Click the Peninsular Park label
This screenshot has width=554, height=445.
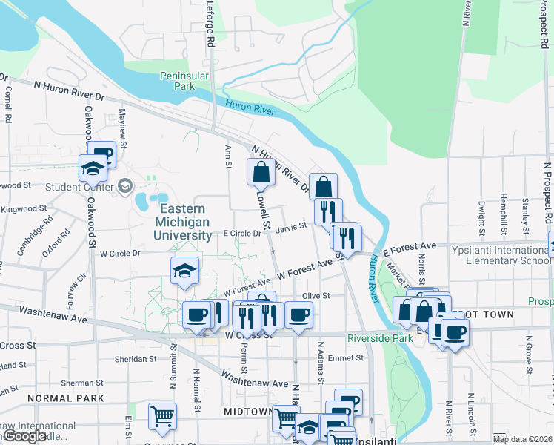[x=185, y=81]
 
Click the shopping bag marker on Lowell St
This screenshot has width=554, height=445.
[x=261, y=173]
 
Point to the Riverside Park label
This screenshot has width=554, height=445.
[x=379, y=337]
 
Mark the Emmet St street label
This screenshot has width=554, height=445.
[x=346, y=357]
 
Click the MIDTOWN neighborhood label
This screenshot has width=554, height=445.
[x=248, y=411]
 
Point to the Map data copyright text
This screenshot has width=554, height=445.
[x=523, y=439]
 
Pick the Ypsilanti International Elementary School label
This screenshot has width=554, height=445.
[x=501, y=255]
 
